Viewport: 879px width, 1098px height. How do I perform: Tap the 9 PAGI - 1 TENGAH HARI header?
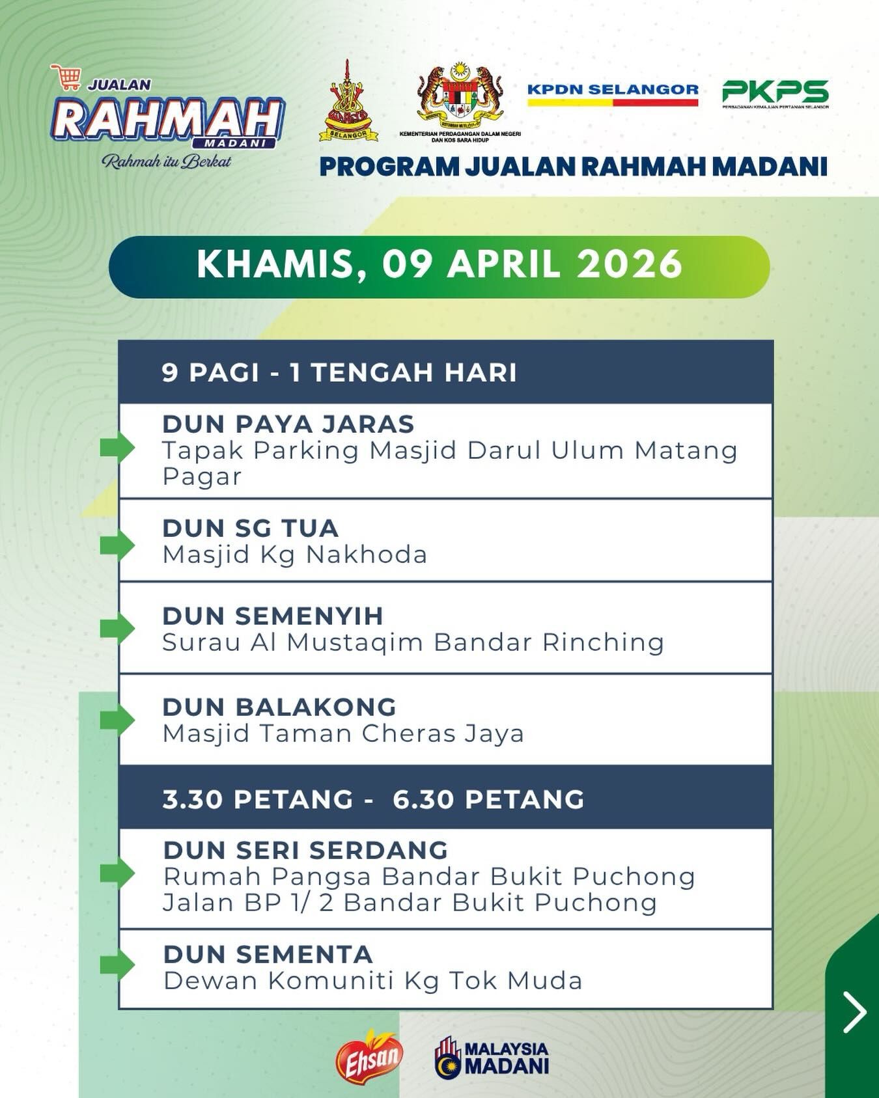click(339, 373)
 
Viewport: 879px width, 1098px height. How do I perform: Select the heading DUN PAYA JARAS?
click(288, 424)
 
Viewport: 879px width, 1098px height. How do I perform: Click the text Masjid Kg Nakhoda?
click(294, 555)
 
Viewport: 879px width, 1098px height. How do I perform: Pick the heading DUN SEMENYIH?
click(273, 616)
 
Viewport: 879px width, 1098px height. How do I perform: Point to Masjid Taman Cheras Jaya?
click(343, 734)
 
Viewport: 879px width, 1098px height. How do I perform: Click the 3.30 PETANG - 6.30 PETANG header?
click(374, 799)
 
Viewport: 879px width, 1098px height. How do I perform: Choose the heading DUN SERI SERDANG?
click(306, 850)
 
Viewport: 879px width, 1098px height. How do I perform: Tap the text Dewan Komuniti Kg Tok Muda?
click(372, 981)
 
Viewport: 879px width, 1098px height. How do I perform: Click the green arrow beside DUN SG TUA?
click(117, 545)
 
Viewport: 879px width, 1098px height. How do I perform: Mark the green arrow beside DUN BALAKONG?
click(117, 721)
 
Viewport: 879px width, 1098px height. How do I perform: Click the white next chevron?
click(854, 1012)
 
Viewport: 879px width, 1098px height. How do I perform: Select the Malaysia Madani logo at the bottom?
click(492, 1058)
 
